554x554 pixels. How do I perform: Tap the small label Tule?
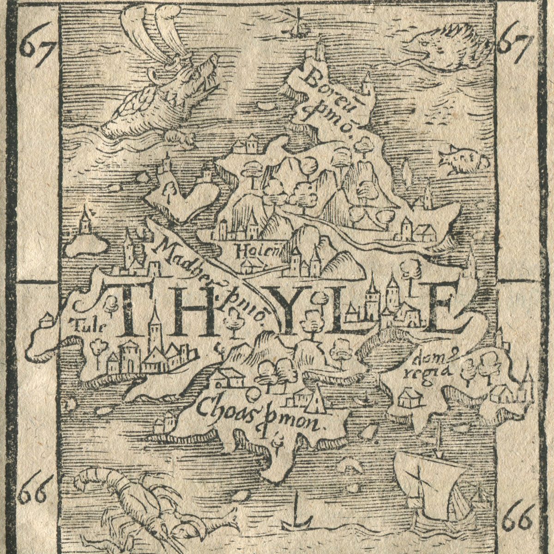tap(87, 326)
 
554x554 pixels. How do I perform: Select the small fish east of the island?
tap(462, 159)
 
